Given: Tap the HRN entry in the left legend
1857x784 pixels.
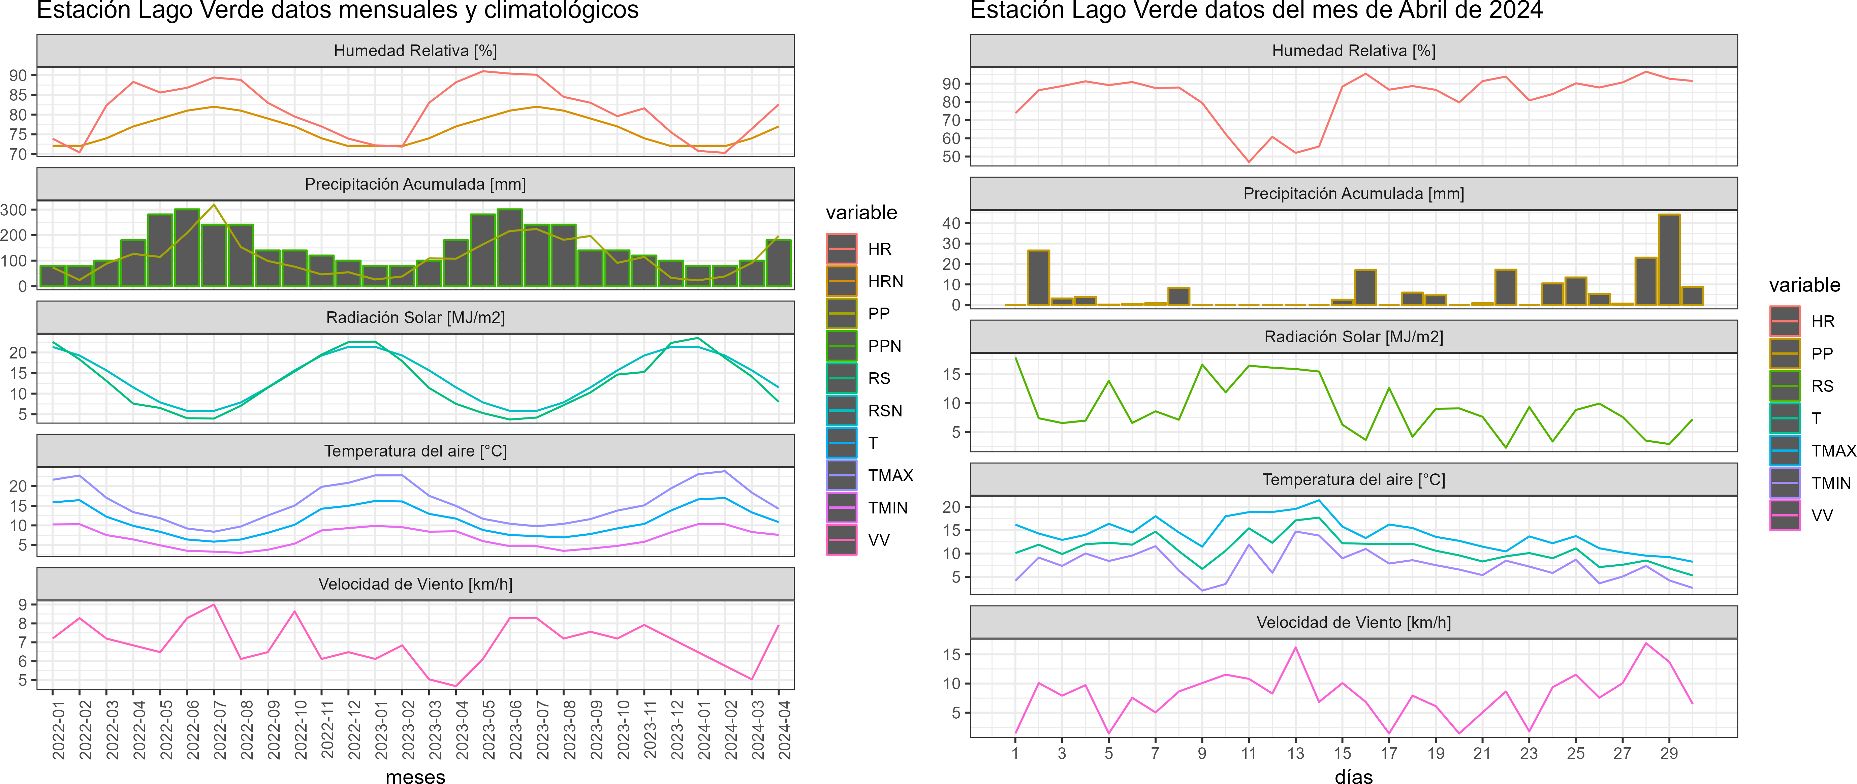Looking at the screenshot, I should [885, 281].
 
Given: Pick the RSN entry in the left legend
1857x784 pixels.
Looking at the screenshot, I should [884, 411].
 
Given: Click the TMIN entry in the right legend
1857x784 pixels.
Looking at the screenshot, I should [1831, 483].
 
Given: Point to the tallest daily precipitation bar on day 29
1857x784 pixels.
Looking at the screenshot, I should [1669, 259].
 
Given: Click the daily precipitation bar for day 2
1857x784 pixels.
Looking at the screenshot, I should [1038, 277].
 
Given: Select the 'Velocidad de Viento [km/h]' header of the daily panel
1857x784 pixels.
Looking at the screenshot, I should [1353, 623].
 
